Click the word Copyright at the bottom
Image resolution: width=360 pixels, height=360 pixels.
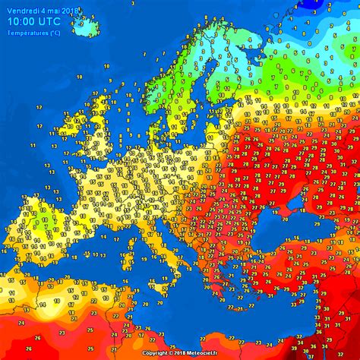click(154, 353)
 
